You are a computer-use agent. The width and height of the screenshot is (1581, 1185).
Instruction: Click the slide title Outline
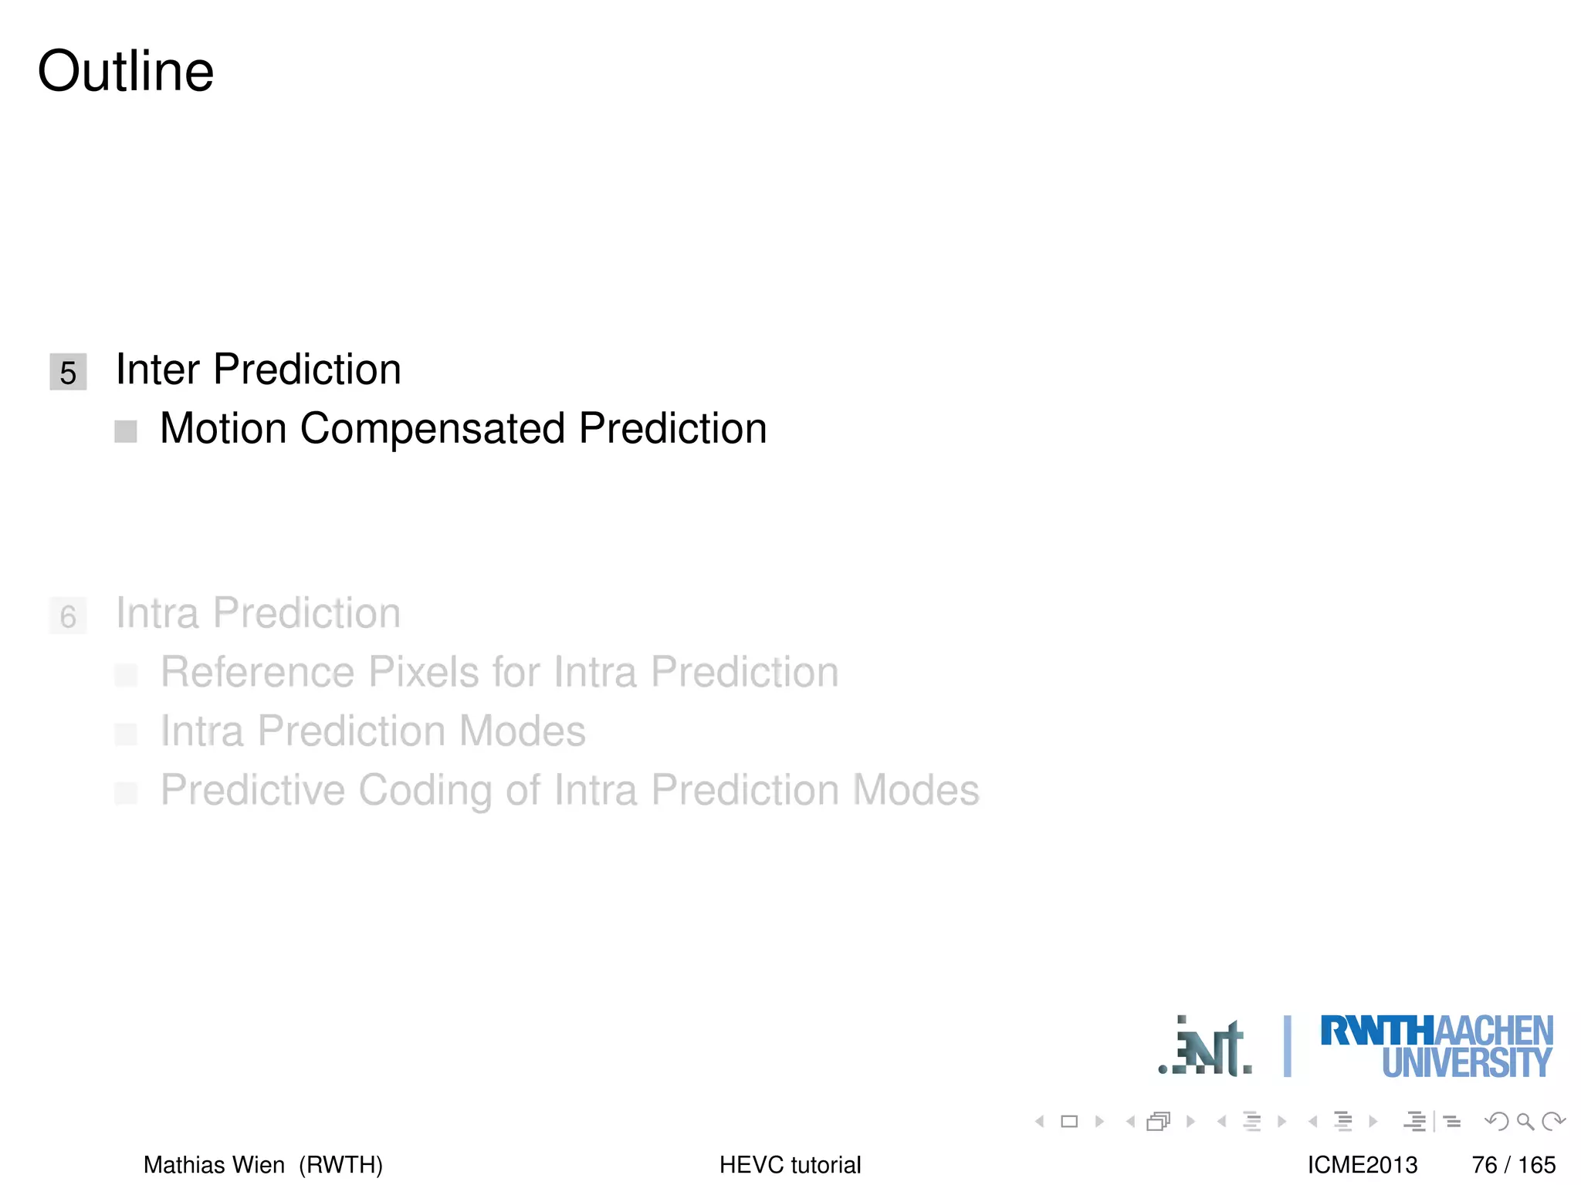[x=126, y=71]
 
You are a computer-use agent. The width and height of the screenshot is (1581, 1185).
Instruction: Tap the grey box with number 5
[x=68, y=372]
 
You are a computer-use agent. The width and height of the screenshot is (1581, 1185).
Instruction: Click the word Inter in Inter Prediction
[x=157, y=369]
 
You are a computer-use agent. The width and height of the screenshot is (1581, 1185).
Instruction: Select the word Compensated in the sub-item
[x=432, y=428]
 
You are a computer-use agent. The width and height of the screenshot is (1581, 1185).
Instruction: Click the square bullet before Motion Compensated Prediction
[x=125, y=431]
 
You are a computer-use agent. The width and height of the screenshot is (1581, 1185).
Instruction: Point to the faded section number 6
[x=68, y=616]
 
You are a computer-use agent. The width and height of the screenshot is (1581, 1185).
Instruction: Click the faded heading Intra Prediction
[x=258, y=613]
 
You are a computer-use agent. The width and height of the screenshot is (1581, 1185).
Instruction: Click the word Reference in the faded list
[x=257, y=672]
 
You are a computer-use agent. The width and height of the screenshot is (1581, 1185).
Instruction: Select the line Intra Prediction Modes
[x=373, y=731]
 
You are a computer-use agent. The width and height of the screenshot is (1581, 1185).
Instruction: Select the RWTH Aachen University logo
[x=1437, y=1047]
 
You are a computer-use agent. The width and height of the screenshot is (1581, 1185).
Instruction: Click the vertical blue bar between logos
[x=1287, y=1046]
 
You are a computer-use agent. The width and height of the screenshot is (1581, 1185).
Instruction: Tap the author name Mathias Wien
[x=214, y=1164]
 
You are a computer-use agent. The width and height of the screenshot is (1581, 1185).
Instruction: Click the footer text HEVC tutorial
[x=790, y=1164]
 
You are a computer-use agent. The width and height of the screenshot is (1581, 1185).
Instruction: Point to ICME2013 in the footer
[x=1362, y=1164]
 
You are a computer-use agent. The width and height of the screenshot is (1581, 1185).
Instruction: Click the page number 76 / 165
[x=1513, y=1164]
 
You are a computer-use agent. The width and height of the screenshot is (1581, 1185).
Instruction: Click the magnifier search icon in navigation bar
[x=1525, y=1121]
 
